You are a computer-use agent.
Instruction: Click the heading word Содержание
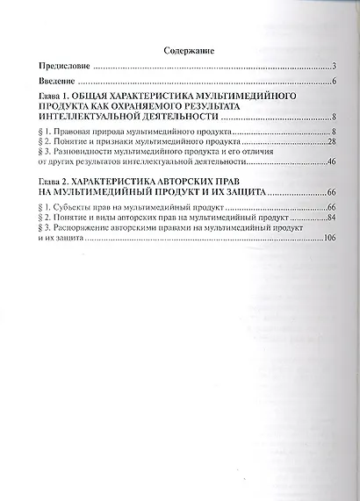(x=190, y=52)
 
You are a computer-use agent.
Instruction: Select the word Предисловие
(x=65, y=67)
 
